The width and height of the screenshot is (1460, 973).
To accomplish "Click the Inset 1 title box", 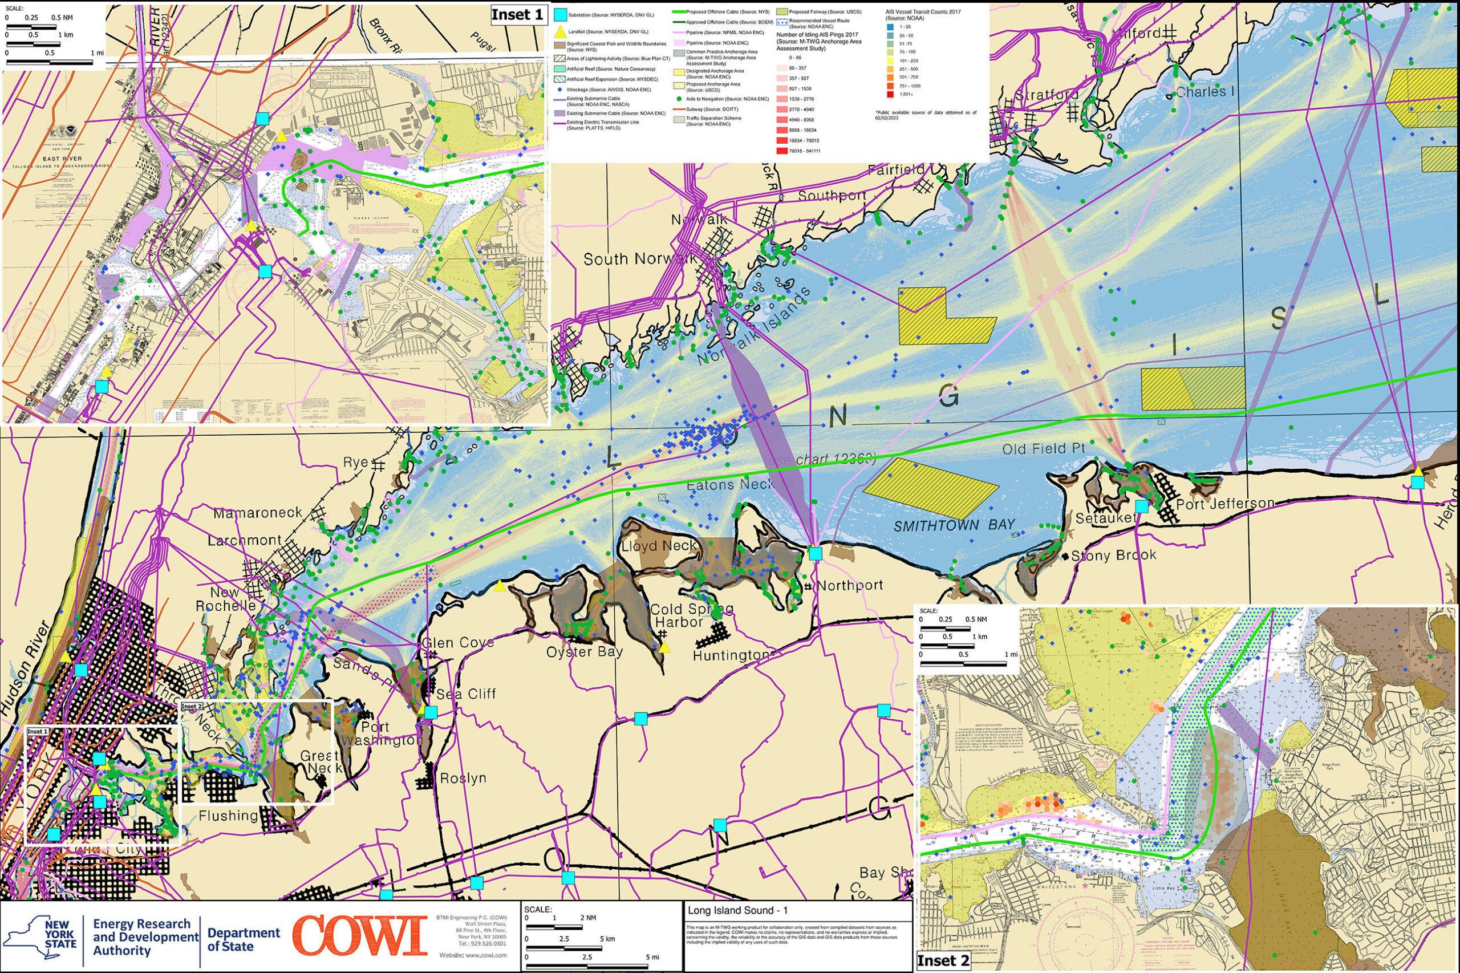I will tap(517, 14).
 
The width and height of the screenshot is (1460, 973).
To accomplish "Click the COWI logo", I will tap(360, 936).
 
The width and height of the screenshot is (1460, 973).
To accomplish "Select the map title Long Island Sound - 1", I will tap(738, 910).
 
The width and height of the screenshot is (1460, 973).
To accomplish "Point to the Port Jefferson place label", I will tap(1226, 504).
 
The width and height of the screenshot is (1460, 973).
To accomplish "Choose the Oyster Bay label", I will tap(584, 651).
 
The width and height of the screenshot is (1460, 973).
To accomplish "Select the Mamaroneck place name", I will tap(258, 513).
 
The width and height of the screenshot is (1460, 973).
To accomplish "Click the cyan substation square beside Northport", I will tap(816, 553).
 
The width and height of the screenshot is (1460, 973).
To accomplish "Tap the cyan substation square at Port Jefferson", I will tap(1142, 506).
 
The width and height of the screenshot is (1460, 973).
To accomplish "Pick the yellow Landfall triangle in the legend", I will tap(560, 31).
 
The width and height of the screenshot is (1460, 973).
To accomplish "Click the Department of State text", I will tap(243, 939).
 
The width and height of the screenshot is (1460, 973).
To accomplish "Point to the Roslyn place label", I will tap(463, 778).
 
